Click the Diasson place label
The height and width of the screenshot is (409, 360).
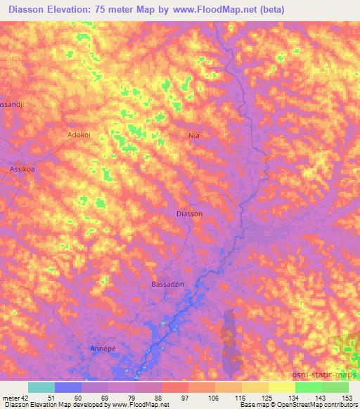click(189, 214)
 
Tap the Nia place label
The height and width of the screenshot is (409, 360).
click(195, 134)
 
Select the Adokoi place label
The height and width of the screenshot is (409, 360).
click(79, 133)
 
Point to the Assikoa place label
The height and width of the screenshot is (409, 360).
click(22, 169)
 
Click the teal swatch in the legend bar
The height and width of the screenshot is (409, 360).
click(41, 387)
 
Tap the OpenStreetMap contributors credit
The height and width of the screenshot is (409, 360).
click(317, 405)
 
